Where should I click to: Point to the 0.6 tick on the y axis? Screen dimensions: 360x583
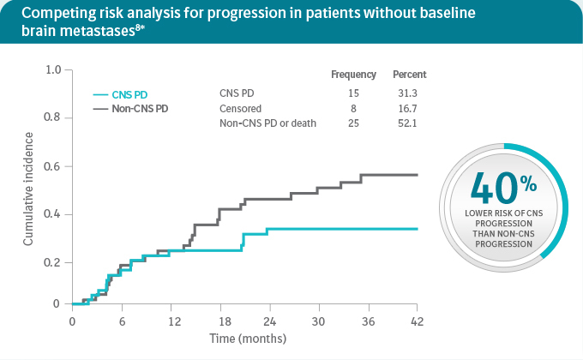click(53, 166)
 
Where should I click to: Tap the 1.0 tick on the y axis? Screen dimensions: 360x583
click(53, 69)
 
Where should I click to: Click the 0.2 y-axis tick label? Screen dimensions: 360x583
click(53, 262)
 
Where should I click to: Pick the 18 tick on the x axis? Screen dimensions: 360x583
click(219, 321)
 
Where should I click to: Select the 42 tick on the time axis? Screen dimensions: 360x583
click(417, 321)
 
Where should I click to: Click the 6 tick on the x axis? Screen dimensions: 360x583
click(121, 321)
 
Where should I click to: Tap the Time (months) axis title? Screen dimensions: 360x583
click(249, 339)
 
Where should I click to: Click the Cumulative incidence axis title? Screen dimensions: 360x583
click(28, 189)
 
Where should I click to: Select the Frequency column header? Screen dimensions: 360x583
click(353, 75)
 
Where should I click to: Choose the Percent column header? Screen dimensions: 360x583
click(409, 75)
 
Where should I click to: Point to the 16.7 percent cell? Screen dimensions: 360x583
click(414, 108)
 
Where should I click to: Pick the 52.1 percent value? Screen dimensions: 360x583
click(414, 123)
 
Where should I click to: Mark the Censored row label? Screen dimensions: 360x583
click(241, 108)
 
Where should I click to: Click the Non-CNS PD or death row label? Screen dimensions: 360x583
click(268, 123)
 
